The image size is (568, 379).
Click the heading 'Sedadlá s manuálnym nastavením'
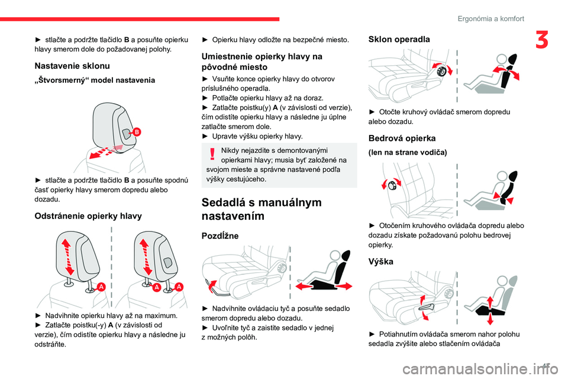[262, 210]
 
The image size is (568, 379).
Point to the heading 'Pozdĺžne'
[220, 236]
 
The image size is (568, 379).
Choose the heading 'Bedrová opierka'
[402, 138]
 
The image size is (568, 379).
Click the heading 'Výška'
[382, 261]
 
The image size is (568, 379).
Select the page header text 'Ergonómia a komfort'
[490, 18]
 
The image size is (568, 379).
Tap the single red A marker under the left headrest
[101, 287]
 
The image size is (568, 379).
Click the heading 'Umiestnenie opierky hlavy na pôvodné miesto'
[262, 62]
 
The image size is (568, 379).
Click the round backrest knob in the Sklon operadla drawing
[440, 70]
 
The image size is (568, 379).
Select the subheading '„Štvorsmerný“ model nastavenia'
[95, 79]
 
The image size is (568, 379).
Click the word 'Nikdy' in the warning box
[231, 150]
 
